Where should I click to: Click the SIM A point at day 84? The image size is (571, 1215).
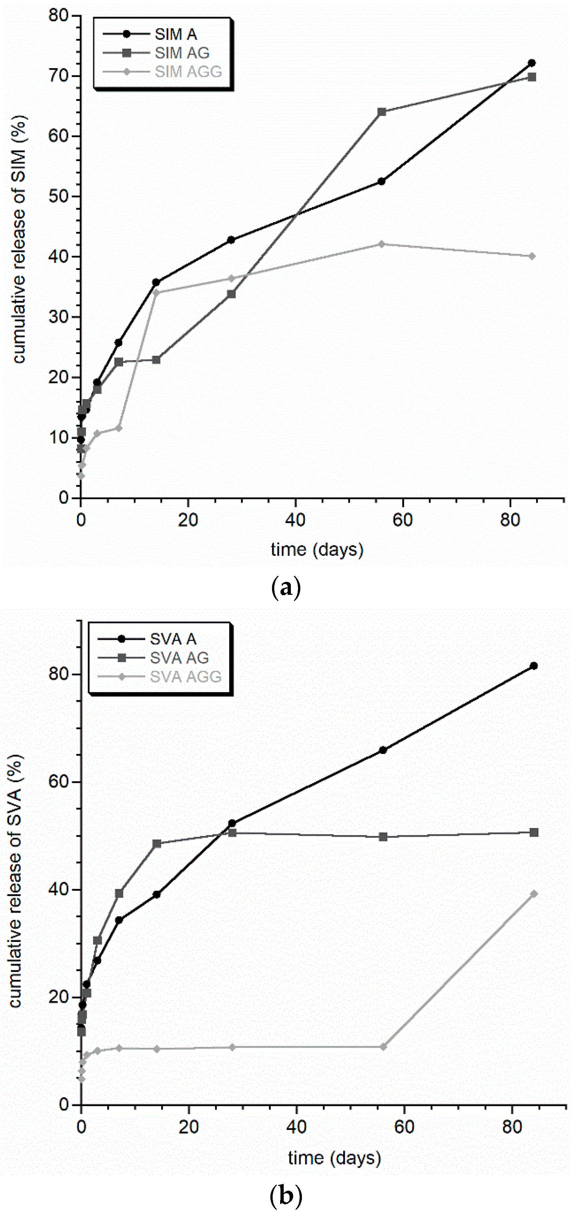click(x=531, y=63)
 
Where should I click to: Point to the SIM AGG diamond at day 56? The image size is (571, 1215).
click(x=381, y=244)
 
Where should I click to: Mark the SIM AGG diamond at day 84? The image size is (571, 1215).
click(x=532, y=256)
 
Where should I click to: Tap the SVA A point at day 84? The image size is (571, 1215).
click(x=534, y=666)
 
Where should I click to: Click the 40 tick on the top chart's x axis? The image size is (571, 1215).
click(x=295, y=520)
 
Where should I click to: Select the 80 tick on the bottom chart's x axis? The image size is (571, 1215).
click(x=512, y=1127)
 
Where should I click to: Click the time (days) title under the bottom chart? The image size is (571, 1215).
click(x=334, y=1158)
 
